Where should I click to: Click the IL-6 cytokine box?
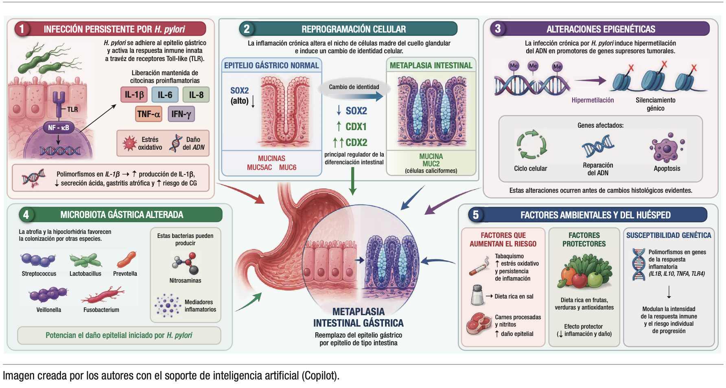tap(165, 95)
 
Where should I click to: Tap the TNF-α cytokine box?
tap(149, 114)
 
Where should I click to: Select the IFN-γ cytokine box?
tap(181, 114)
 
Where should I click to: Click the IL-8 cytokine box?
tap(196, 95)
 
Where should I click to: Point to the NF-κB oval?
tap(59, 128)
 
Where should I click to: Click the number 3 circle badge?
tap(498, 28)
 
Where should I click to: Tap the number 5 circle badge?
tap(476, 215)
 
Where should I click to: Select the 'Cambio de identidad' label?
tap(354, 87)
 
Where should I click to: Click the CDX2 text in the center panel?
tap(356, 142)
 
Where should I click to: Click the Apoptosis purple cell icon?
tap(667, 148)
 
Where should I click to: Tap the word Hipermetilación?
tap(593, 100)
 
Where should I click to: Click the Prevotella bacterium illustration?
tap(126, 259)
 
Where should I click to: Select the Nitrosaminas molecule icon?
tap(186, 264)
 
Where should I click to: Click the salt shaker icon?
tap(477, 295)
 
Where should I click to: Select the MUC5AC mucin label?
tap(259, 167)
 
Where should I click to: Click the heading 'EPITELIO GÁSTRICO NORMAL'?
tap(271, 65)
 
